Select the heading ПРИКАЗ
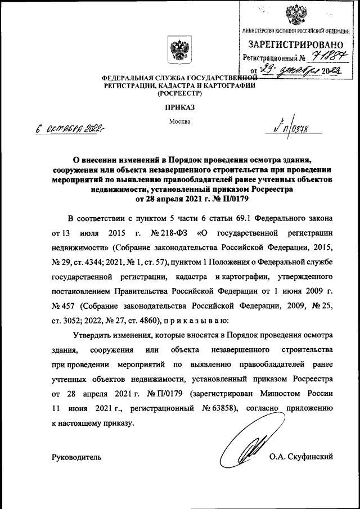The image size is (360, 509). [x=179, y=107]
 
